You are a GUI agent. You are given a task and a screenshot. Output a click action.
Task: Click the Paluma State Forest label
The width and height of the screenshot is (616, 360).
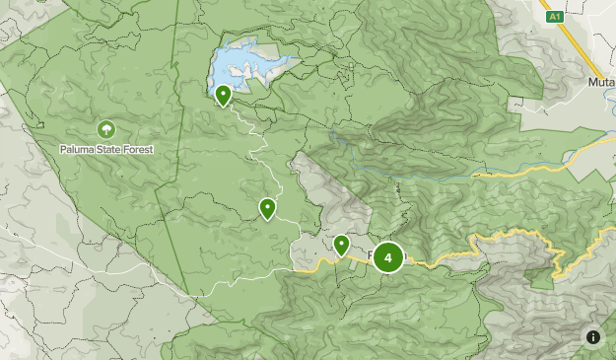tap(105, 149)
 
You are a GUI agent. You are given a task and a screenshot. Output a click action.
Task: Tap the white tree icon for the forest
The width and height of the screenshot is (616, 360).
tap(105, 129)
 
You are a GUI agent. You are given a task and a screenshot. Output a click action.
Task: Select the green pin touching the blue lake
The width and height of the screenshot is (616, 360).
tap(224, 96)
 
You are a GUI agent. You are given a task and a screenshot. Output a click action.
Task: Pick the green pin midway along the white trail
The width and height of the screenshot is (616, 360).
tap(267, 208)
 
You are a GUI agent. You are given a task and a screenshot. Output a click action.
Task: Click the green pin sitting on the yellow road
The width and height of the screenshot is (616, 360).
tap(342, 245)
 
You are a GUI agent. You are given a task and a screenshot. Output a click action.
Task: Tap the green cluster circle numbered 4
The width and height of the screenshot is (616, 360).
tap(388, 258)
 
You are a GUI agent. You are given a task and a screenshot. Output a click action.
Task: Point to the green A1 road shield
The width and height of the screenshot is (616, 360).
tap(554, 17)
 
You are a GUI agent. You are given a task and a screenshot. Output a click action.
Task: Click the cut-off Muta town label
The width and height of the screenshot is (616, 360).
tap(601, 83)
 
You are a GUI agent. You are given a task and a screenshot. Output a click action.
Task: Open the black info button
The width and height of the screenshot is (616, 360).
tap(593, 337)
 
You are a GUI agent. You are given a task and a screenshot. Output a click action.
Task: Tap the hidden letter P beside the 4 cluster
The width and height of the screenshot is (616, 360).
tap(372, 256)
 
